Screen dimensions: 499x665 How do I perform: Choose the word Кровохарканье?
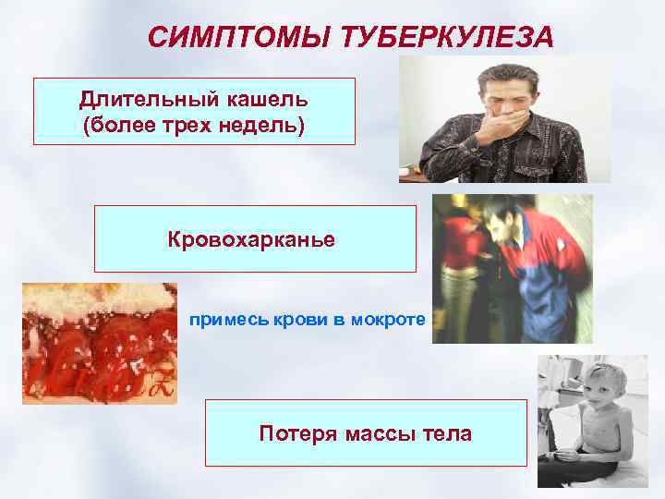click(251, 239)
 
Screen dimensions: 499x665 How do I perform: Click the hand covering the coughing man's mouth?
click(499, 122)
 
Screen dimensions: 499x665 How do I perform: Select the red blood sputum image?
click(99, 343)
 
